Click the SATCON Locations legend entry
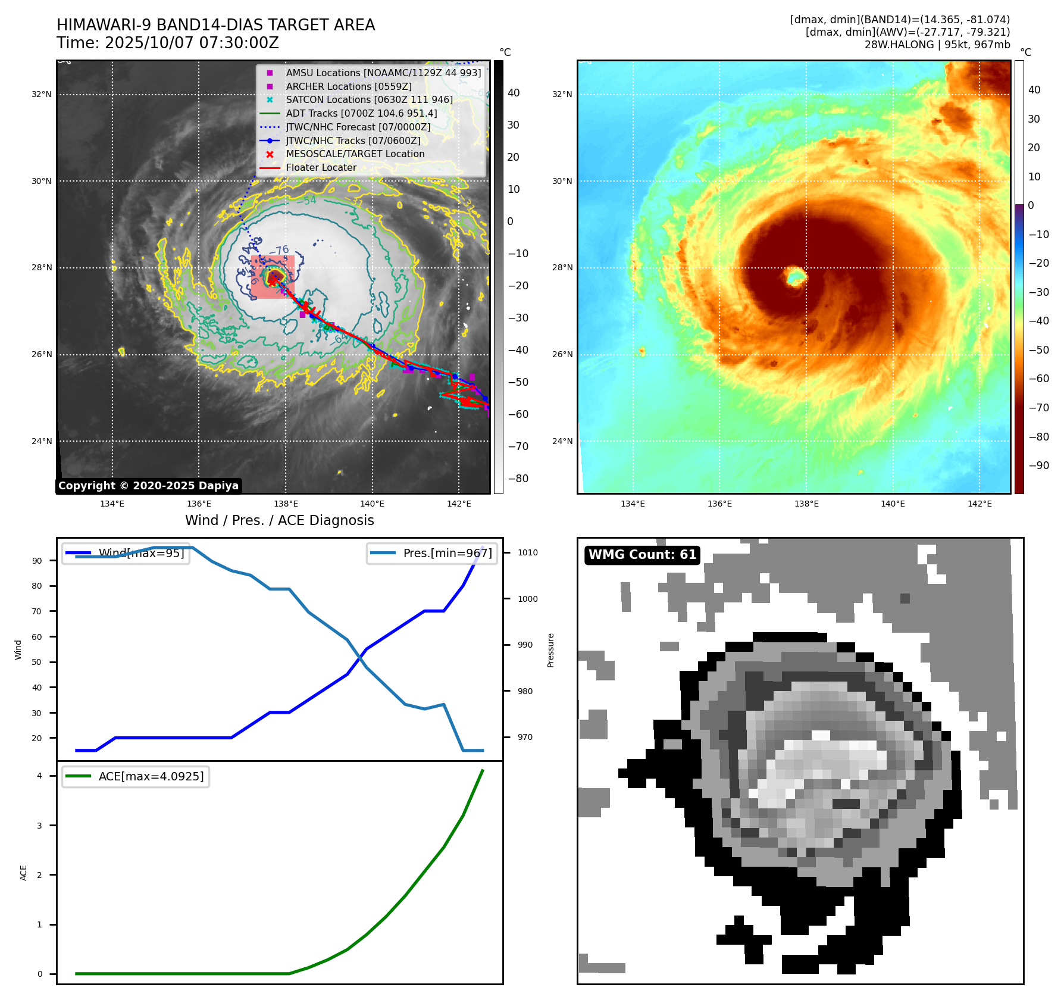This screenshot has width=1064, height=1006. click(x=369, y=100)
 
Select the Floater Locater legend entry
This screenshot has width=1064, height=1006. click(x=321, y=168)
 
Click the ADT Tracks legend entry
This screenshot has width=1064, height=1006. click(x=361, y=114)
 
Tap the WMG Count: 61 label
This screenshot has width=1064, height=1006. click(x=642, y=555)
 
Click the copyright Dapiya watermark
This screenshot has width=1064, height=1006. click(x=148, y=486)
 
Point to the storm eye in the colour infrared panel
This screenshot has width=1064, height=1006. click(x=796, y=277)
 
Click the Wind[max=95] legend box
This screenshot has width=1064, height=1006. click(x=126, y=553)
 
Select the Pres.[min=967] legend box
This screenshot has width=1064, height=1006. click(x=432, y=553)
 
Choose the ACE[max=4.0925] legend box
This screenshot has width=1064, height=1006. click(x=136, y=776)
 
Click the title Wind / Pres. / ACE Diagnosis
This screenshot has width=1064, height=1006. click(x=280, y=520)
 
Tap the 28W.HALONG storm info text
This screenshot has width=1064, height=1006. click(x=937, y=45)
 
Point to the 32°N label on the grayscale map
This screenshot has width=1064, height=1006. click(x=42, y=94)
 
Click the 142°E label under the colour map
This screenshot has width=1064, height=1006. click(x=979, y=504)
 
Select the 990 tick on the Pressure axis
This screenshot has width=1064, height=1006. click(x=525, y=645)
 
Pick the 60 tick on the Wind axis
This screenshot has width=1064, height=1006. click(x=37, y=637)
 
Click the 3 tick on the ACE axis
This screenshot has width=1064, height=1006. click(x=40, y=826)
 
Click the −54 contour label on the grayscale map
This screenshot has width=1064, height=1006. click(x=308, y=201)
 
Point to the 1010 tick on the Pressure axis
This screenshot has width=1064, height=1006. click(x=527, y=552)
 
